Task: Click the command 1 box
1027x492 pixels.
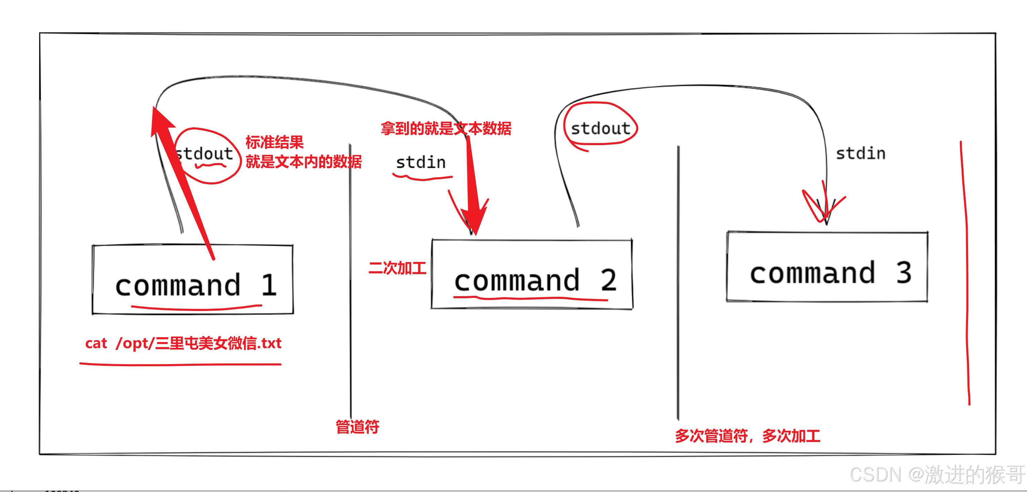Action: point(193,280)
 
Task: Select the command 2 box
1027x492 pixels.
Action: point(532,275)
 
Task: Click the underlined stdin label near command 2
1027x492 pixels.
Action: point(420,163)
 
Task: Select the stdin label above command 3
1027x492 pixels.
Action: point(860,153)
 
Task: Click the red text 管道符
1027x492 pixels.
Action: point(357,426)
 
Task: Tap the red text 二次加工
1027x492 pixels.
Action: point(397,268)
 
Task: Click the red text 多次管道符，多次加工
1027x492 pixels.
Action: point(748,436)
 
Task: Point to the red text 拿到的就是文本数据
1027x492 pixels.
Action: point(446,128)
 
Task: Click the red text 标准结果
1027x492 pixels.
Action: point(274,142)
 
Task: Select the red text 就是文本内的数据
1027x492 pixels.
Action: point(303,162)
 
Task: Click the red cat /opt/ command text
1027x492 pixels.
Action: point(183,343)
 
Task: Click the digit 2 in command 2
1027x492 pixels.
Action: point(609,280)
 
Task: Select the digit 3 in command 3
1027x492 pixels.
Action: point(904,273)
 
